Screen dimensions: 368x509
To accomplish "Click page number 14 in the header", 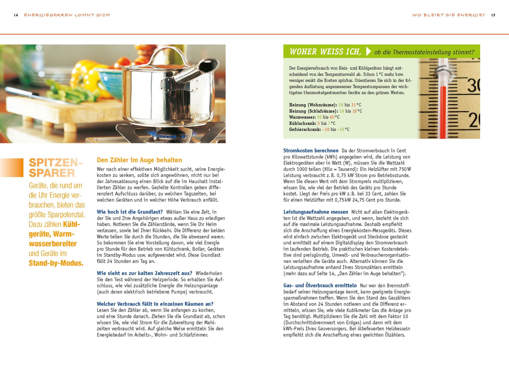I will [16, 15].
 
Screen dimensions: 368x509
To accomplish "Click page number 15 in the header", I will [493, 15].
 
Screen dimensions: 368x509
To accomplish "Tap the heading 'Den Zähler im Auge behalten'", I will [139, 160].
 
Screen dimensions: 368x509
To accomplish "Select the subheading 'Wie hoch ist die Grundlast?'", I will [130, 212].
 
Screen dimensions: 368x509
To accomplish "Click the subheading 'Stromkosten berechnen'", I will [311, 151].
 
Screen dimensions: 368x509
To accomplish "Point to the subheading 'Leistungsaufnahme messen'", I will [316, 212].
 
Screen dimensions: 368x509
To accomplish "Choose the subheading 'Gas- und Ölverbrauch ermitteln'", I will [320, 286].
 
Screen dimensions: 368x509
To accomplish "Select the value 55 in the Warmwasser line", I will [319, 117].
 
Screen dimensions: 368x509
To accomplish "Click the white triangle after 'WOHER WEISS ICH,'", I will [368, 51].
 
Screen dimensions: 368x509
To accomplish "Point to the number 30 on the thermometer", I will [473, 85].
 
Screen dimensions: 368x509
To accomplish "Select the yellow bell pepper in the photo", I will [85, 74].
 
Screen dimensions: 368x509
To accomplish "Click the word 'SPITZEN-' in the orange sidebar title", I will [55, 163].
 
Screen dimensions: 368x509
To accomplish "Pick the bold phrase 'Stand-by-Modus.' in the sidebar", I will [56, 263].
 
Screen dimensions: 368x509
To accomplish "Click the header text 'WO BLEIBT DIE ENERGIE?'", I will [448, 15].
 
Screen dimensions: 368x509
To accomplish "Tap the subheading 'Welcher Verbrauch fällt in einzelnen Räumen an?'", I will [155, 304].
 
